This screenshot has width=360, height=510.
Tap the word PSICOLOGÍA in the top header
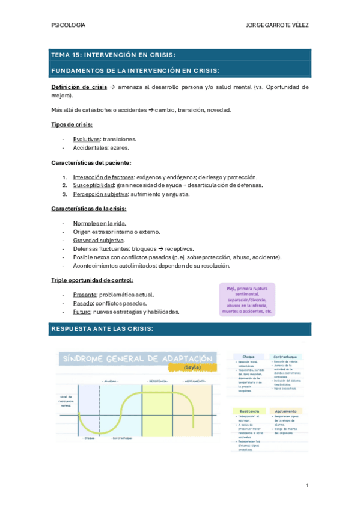69,25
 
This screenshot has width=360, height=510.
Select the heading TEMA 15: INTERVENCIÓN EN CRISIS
113,55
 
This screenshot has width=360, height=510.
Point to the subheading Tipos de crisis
72,124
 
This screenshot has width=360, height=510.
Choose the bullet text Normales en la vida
100,223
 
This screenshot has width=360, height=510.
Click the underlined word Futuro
82,312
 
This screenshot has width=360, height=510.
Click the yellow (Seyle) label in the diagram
188,367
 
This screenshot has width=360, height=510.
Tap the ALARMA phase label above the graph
109,381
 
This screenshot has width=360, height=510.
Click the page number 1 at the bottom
307,485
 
